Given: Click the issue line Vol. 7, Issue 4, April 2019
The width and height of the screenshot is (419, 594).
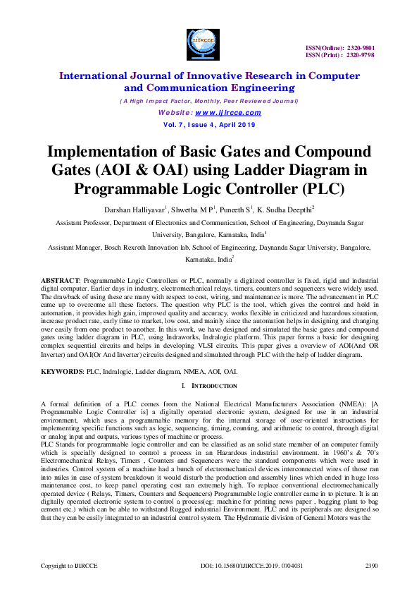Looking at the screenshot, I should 209,124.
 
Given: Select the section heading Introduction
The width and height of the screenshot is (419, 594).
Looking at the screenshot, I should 214,386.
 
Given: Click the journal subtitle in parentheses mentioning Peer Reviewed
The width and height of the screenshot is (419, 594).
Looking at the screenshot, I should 209,101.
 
